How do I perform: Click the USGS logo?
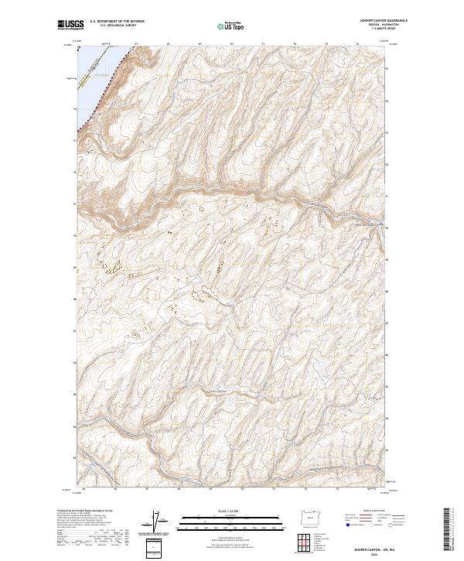pyautogui.click(x=70, y=25)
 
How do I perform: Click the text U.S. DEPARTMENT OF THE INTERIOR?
pyautogui.click(x=117, y=22)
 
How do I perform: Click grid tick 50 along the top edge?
pyautogui.click(x=232, y=44)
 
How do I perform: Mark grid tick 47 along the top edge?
pyautogui.click(x=136, y=44)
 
